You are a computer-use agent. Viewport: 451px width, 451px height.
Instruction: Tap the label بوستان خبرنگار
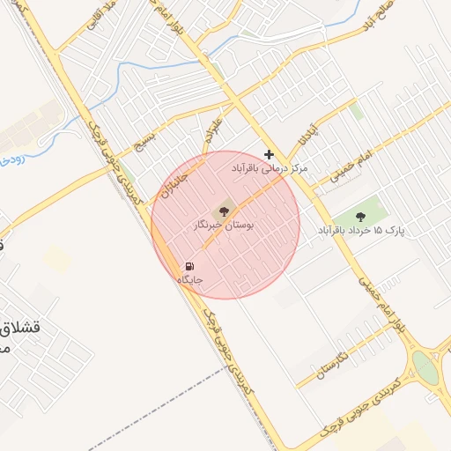pos(224,226)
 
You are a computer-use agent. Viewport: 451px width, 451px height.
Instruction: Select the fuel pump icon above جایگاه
pos(189,266)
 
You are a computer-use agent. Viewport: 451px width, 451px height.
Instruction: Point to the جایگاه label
pos(190,280)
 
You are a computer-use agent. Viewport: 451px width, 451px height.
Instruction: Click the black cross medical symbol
pos(269,154)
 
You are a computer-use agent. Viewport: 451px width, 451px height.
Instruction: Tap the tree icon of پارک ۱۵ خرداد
pos(359,216)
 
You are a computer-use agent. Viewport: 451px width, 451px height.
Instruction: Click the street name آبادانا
pos(306,136)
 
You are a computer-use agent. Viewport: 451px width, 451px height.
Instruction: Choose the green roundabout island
pos(425,368)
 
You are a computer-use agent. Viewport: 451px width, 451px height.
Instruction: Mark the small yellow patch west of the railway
pos(57,258)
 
